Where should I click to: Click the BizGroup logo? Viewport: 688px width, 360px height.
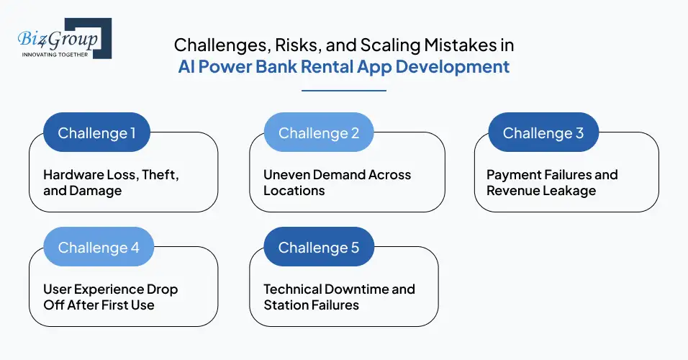coord(63,37)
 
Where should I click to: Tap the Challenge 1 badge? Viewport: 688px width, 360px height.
coord(96,133)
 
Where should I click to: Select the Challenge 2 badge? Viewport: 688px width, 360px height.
coord(318,133)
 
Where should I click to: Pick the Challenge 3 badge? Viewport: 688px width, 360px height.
coord(543,133)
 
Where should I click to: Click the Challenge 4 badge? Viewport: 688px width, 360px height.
coord(98,248)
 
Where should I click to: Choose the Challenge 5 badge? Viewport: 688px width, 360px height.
coord(318,248)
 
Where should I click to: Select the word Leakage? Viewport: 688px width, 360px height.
coord(570,191)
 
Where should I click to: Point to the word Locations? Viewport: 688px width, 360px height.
coord(294,191)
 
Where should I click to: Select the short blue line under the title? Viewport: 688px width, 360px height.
coord(344,91)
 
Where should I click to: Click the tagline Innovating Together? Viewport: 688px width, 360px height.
coord(55,54)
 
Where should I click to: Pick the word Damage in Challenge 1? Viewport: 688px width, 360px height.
coord(96,191)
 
